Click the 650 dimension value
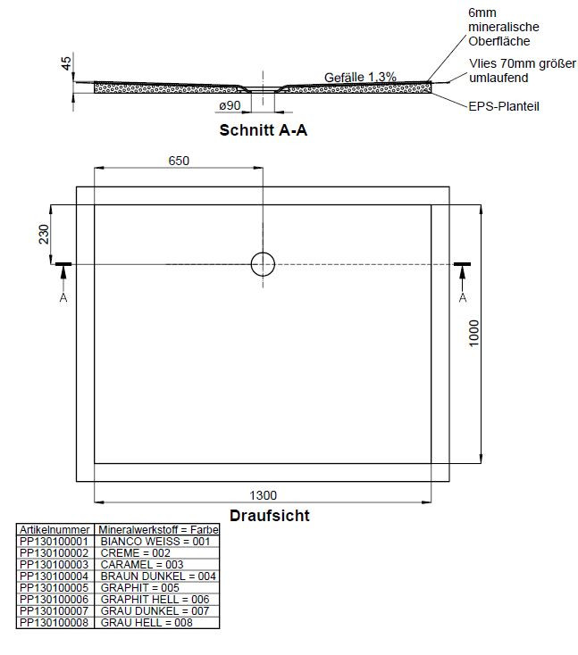tap(179, 161)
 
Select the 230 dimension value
tap(44, 234)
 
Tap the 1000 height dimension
tap(473, 333)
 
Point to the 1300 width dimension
tap(263, 495)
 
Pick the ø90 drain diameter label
tap(230, 105)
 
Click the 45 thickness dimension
tap(66, 63)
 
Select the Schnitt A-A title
tap(264, 130)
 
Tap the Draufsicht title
tap(270, 515)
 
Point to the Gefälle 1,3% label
tap(360, 77)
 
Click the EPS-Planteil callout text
tap(504, 106)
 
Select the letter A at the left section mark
tap(63, 297)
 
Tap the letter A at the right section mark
tap(463, 297)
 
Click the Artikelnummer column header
tap(54, 529)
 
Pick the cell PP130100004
tap(54, 576)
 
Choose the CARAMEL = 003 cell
tap(142, 564)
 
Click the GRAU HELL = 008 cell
tap(147, 622)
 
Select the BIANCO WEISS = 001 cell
tap(155, 541)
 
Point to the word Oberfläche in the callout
tap(499, 41)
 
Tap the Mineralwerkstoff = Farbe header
tap(158, 529)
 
